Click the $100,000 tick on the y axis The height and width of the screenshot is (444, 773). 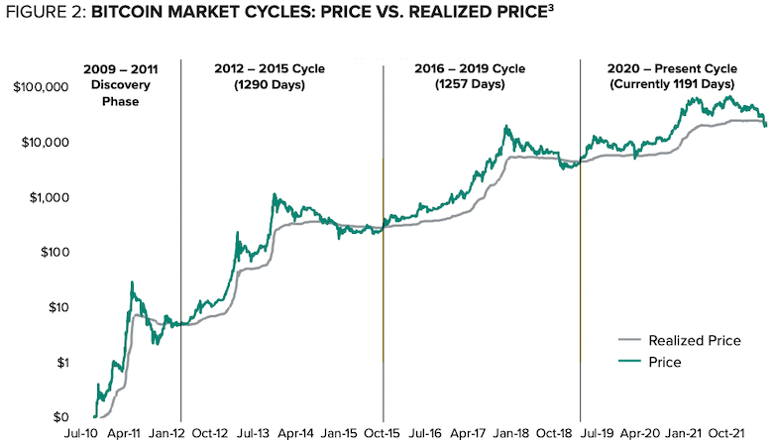pyautogui.click(x=41, y=87)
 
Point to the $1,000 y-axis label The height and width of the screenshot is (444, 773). pyautogui.click(x=50, y=197)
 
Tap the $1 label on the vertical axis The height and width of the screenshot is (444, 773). pyautogui.click(x=62, y=363)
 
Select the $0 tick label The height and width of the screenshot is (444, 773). pyautogui.click(x=60, y=417)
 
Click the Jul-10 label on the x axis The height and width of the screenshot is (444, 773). pyautogui.click(x=81, y=434)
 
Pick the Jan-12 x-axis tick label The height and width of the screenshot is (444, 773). pyautogui.click(x=166, y=434)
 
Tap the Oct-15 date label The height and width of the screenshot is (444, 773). pyautogui.click(x=383, y=434)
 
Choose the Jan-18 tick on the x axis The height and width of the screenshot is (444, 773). pyautogui.click(x=511, y=434)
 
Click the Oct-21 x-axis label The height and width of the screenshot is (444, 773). pyautogui.click(x=726, y=434)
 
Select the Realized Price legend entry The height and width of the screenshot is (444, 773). pyautogui.click(x=680, y=341)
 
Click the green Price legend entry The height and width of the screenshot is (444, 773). pyautogui.click(x=650, y=362)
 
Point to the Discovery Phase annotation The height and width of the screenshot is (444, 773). pyautogui.click(x=121, y=92)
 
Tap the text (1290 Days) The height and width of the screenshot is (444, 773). pyautogui.click(x=270, y=85)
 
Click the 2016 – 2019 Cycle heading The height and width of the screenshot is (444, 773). pyautogui.click(x=470, y=68)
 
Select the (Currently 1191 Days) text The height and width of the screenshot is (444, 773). pyautogui.click(x=673, y=84)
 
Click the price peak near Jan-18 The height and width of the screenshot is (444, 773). pyautogui.click(x=505, y=126)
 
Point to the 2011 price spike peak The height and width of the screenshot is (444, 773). pyautogui.click(x=132, y=281)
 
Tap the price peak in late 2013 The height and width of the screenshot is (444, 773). pyautogui.click(x=275, y=194)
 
